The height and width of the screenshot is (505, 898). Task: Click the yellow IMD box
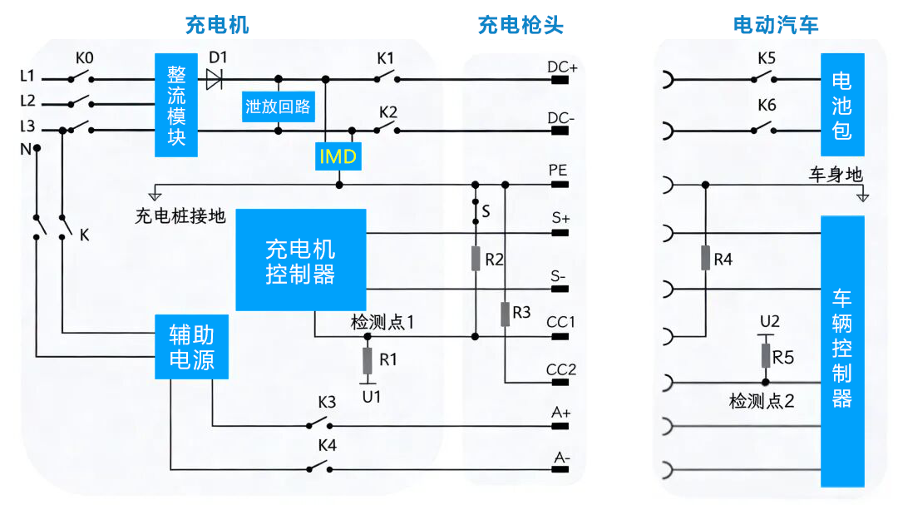(x=338, y=156)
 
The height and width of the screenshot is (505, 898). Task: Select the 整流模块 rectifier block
(x=176, y=105)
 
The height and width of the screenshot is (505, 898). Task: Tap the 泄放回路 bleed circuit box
(x=278, y=106)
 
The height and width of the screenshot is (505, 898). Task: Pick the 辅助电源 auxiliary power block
(x=192, y=347)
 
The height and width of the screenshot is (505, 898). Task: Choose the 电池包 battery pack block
(x=841, y=105)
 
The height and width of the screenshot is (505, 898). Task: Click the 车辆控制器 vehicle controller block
(x=841, y=351)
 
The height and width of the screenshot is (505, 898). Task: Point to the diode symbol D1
(x=215, y=79)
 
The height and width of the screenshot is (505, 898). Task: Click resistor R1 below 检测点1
(x=368, y=361)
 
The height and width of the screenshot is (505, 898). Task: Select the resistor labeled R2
(x=476, y=259)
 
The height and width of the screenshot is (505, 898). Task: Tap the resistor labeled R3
(x=506, y=314)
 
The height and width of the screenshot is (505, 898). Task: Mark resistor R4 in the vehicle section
(x=705, y=259)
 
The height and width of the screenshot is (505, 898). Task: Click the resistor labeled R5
(x=766, y=356)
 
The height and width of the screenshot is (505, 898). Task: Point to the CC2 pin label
(x=561, y=369)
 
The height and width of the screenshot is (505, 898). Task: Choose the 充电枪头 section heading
(x=521, y=25)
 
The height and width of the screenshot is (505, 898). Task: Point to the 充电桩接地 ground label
(x=180, y=216)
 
